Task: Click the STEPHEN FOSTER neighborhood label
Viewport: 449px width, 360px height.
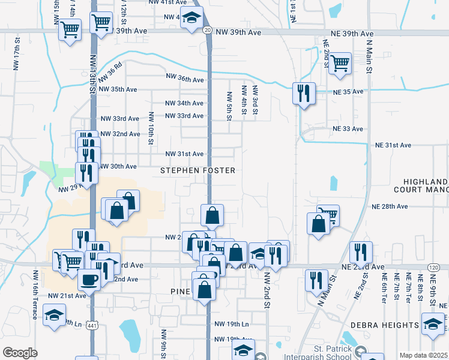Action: coord(197,171)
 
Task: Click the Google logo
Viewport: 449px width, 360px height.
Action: coord(20,353)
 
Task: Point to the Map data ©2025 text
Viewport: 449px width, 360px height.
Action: coord(424,355)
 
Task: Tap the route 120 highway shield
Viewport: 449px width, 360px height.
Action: coord(433,267)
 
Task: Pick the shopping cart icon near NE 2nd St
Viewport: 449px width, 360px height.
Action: coord(340,62)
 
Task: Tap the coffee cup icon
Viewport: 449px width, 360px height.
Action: coord(89,279)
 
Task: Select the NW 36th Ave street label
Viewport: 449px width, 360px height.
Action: coord(185,79)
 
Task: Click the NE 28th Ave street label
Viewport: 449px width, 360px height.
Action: coord(390,206)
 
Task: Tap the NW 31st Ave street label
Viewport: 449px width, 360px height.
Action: coord(185,154)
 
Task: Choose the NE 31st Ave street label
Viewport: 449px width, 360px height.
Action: coord(393,146)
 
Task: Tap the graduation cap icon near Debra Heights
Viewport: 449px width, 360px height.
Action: coord(432,324)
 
